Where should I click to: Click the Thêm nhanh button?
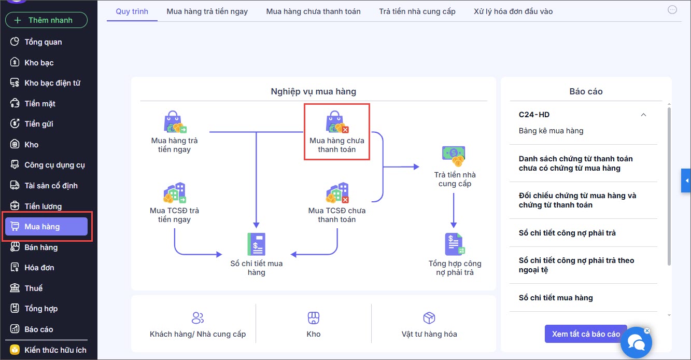point(46,20)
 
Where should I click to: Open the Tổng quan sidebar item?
point(43,42)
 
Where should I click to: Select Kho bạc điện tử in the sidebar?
point(52,83)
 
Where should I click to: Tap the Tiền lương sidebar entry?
point(43,206)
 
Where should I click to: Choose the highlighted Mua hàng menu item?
point(46,227)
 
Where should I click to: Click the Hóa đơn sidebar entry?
point(39,268)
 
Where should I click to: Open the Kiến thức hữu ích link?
point(55,350)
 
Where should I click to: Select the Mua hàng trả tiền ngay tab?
point(207,11)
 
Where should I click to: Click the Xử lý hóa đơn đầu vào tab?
point(513,11)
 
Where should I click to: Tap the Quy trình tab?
point(132,11)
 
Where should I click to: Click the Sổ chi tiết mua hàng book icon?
point(257,244)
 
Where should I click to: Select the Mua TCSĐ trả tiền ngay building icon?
point(175,192)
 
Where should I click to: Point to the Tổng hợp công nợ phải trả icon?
point(455,244)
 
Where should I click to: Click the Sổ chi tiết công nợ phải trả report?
point(567,233)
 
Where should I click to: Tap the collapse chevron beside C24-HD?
point(643,115)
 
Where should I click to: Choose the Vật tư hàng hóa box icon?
point(429,317)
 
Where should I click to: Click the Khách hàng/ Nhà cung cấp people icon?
point(198,317)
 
